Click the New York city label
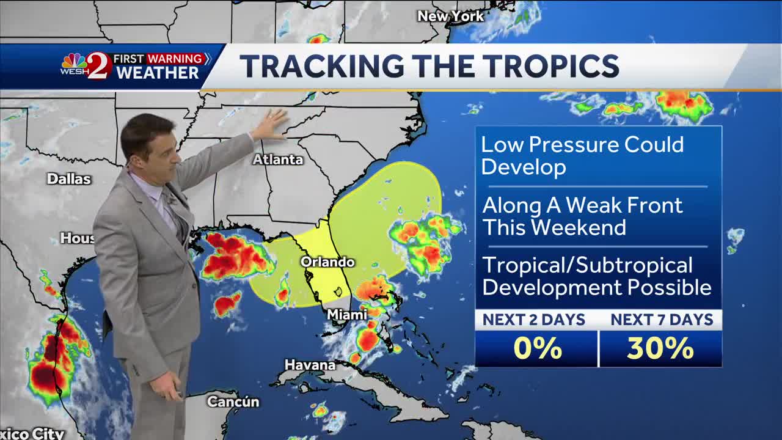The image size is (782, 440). pyautogui.click(x=450, y=16)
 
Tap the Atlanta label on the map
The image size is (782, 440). pyautogui.click(x=278, y=159)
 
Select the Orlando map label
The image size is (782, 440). pyautogui.click(x=327, y=262)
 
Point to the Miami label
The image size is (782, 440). pyautogui.click(x=347, y=314)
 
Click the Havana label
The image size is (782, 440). pyautogui.click(x=310, y=365)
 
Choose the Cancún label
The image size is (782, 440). pyautogui.click(x=233, y=402)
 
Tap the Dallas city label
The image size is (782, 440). pyautogui.click(x=69, y=179)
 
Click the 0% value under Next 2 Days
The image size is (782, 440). pyautogui.click(x=537, y=348)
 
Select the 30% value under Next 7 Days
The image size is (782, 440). pyautogui.click(x=660, y=348)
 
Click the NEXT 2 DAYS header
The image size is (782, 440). pyautogui.click(x=533, y=320)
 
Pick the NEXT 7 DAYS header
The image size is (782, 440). pyautogui.click(x=662, y=320)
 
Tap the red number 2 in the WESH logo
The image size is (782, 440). pyautogui.click(x=100, y=66)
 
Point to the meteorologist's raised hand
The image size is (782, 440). pyautogui.click(x=270, y=125)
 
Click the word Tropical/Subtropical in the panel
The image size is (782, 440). pyautogui.click(x=587, y=265)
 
